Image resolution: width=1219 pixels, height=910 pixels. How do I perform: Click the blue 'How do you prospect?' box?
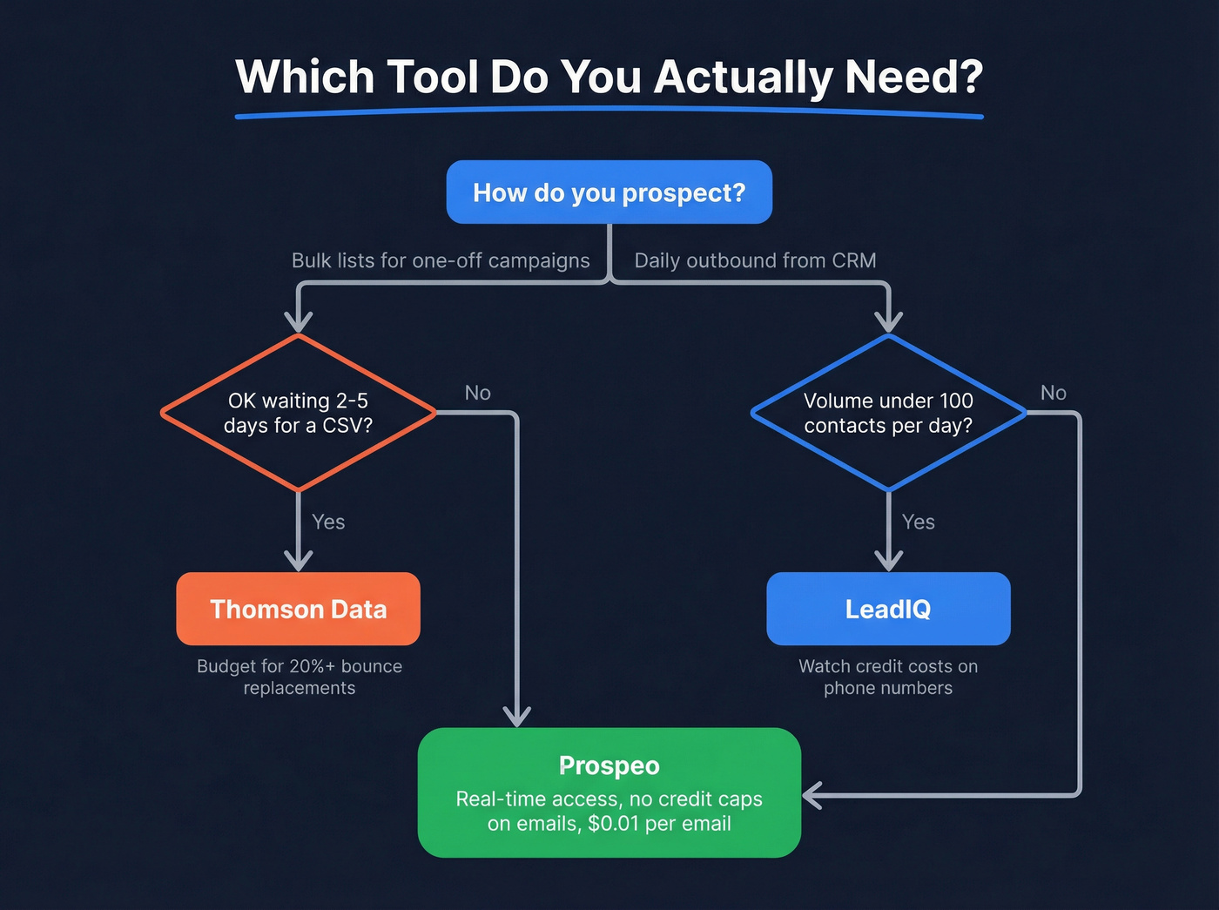609,192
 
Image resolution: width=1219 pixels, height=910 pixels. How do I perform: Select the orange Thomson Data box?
298,609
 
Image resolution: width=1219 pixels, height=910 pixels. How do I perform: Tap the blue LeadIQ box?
888,609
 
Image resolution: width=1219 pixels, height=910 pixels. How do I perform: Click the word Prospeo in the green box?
609,765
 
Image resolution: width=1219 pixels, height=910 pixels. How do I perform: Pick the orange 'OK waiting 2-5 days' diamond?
298,413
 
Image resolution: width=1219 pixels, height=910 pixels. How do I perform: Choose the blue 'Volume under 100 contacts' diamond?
888,413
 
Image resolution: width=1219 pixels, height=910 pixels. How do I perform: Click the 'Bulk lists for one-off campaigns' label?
441,260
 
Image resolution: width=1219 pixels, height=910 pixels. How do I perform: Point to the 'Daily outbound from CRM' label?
755,260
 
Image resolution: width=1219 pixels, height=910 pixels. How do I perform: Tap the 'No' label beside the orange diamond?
477,393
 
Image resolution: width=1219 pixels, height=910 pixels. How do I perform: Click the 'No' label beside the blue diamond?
1053,393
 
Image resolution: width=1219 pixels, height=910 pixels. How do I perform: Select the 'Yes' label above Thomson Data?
328,522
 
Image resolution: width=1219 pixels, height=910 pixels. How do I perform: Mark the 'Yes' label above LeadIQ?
918,522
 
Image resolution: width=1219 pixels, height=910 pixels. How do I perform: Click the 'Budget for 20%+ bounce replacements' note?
300,677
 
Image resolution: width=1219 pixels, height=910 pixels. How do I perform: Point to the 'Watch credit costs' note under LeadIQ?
888,677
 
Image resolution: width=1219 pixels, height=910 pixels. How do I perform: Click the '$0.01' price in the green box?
615,824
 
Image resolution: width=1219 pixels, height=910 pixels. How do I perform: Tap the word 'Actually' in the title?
744,78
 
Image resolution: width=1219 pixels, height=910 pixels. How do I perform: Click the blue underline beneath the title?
609,111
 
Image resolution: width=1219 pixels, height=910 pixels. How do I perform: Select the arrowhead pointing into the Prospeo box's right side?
812,795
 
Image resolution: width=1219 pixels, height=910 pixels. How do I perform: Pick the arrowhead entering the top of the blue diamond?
888,321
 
